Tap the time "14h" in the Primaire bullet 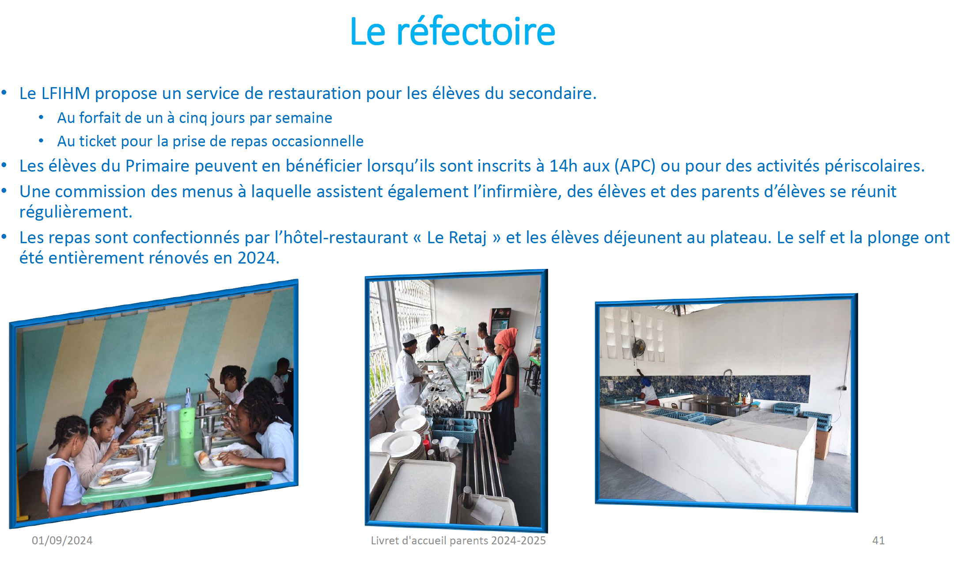(564, 166)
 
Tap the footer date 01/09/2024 (62, 540)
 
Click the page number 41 (879, 540)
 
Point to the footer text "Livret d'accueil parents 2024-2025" (458, 540)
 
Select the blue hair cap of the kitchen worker (646, 381)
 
